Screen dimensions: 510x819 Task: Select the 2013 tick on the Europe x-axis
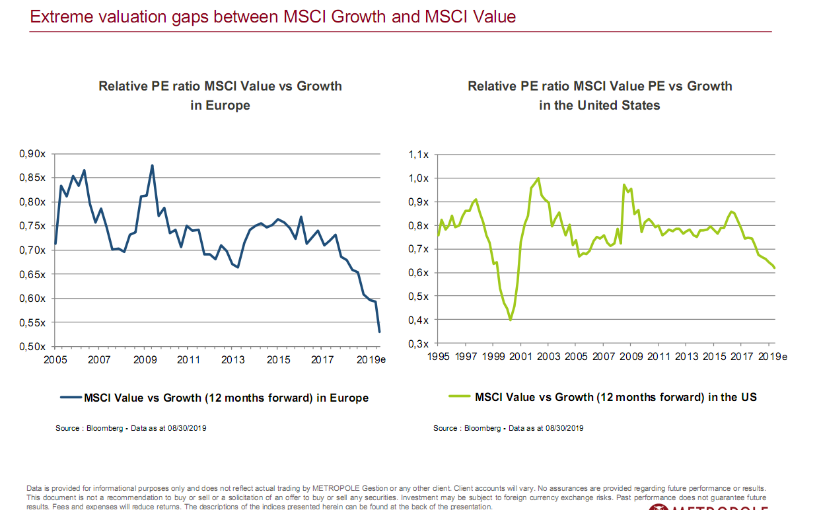tap(233, 360)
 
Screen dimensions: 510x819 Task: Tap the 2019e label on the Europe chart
tap(373, 360)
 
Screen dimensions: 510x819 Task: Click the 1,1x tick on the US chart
tap(419, 155)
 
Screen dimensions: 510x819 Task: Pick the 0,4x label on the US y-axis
tap(419, 320)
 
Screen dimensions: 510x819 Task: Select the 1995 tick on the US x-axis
tap(439, 356)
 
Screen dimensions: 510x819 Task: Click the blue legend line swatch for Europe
tap(70, 398)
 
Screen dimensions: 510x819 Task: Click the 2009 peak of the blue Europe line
tap(152, 166)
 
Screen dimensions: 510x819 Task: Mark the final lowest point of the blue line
tap(379, 332)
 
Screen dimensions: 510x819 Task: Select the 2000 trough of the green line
tap(510, 320)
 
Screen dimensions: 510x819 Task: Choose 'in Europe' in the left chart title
tap(220, 105)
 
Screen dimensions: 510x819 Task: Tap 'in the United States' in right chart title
tap(599, 105)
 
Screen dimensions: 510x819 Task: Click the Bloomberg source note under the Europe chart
tap(132, 428)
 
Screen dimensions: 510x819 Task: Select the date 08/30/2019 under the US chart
tap(561, 428)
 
